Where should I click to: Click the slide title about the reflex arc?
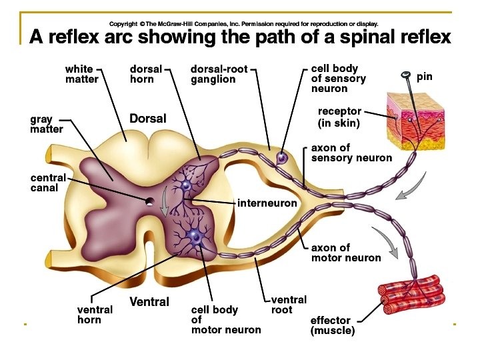240,36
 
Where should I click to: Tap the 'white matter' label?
81,74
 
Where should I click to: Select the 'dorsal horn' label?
145,74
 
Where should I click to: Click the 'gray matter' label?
46,124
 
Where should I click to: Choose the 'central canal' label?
48,183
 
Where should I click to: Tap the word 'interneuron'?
267,203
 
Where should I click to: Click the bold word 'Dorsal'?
147,119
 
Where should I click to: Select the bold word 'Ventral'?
149,302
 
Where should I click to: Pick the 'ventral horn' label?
95,315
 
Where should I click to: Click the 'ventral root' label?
289,305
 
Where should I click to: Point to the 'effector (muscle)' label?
333,325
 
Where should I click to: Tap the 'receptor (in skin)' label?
339,117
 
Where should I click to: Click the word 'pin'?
425,77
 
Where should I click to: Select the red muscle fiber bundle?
411,297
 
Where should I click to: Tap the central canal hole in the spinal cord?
151,201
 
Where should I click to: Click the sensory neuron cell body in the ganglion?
282,158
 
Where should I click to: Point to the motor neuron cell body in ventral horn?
195,235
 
